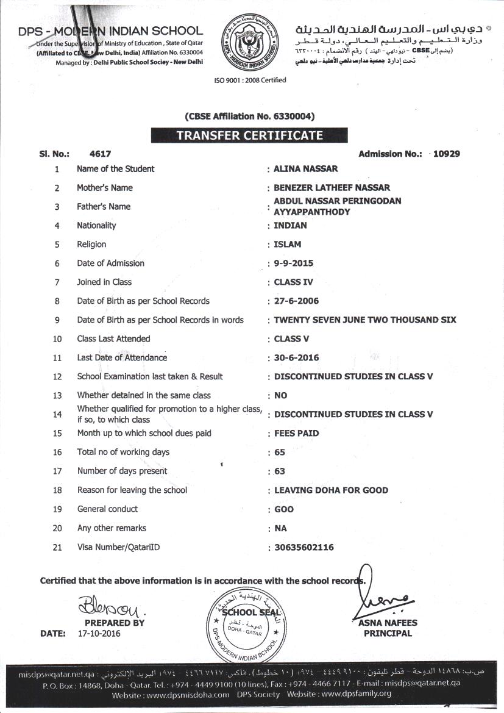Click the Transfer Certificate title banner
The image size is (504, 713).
point(249,135)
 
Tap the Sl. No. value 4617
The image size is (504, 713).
point(100,154)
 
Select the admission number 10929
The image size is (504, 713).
point(446,154)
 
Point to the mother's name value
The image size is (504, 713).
point(332,188)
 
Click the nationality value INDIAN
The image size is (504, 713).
point(290,226)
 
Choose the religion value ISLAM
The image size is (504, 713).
point(288,245)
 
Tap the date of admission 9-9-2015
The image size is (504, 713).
point(294,263)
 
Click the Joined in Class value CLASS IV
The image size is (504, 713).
point(293,282)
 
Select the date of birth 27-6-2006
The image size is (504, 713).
point(296,301)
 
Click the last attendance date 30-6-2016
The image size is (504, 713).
point(296,358)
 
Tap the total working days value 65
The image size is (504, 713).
point(280,453)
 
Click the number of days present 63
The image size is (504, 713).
point(280,471)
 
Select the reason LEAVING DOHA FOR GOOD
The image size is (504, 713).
point(331,490)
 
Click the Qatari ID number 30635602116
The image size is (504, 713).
point(304,548)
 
